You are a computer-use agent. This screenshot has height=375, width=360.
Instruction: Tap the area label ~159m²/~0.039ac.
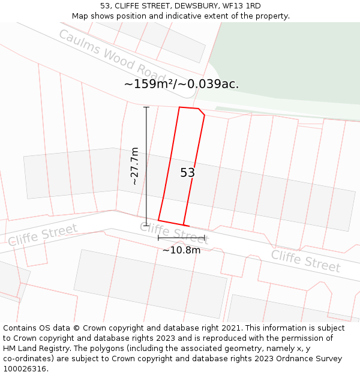[x=181, y=84]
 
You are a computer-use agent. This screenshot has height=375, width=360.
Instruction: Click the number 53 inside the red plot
[x=188, y=173]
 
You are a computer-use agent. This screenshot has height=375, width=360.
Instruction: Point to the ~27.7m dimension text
[x=135, y=166]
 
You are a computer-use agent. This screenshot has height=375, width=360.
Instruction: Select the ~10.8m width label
[x=181, y=250]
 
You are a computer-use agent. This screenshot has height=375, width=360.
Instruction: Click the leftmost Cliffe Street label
[x=43, y=235]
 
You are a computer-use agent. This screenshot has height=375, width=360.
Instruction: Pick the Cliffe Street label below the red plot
[x=174, y=232]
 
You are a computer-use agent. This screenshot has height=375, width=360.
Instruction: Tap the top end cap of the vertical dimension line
[x=146, y=107]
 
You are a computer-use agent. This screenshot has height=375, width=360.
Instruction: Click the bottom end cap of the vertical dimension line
[x=146, y=225]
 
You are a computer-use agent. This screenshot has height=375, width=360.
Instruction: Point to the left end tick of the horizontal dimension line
[x=158, y=238]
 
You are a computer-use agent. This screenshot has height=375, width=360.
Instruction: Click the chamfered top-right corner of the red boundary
[x=202, y=112]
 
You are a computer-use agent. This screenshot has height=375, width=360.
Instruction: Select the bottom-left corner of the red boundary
[x=158, y=220]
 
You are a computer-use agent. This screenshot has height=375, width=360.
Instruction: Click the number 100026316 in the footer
[x=25, y=369]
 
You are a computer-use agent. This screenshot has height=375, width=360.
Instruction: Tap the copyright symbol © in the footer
[x=76, y=328]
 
